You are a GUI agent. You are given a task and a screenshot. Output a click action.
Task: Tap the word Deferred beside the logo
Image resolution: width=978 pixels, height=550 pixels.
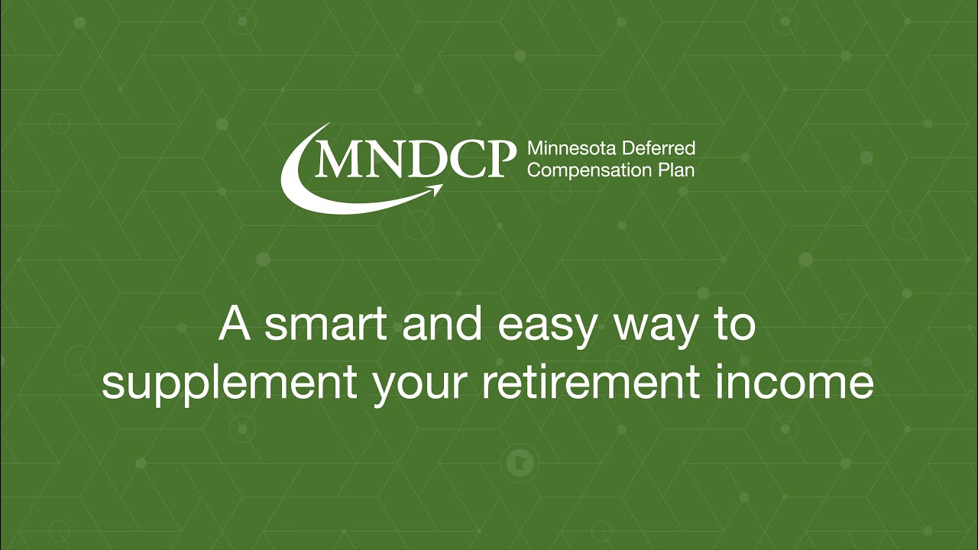point(659,148)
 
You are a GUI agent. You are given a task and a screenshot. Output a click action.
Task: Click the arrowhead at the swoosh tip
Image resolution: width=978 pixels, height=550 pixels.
point(438,186)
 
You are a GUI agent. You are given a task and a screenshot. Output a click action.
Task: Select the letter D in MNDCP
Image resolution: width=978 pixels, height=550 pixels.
point(416,158)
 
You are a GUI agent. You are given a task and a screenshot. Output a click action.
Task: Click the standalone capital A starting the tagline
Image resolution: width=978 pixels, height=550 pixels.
point(235,325)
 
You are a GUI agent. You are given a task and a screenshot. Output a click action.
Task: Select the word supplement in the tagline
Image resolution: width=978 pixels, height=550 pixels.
point(228,384)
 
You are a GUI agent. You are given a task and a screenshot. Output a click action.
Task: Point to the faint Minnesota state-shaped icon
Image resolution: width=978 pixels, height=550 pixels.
point(520,462)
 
